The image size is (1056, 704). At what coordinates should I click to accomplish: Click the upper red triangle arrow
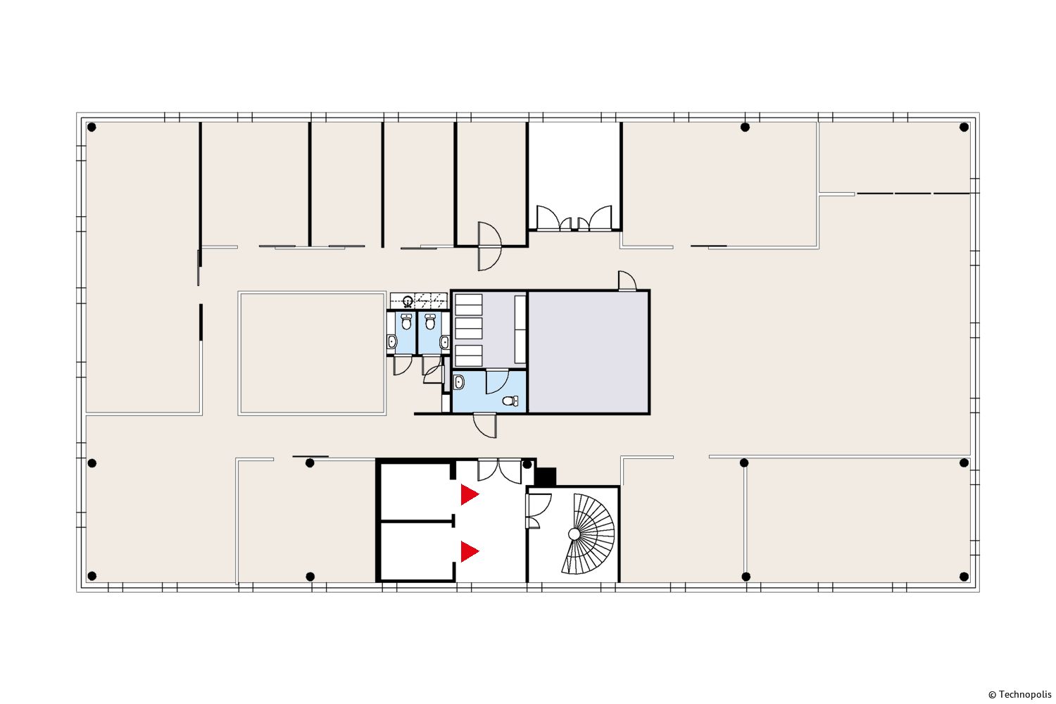pos(469,495)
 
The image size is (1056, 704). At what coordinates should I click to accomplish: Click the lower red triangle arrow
pos(469,551)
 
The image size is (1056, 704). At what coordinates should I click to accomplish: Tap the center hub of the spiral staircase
pos(574,534)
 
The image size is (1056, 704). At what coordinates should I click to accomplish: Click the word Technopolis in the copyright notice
pos(1025,695)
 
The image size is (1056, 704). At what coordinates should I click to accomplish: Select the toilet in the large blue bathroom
pos(510,401)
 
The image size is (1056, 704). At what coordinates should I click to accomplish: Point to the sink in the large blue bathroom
pos(458,382)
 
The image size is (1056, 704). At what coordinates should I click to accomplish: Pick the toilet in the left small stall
pos(406,322)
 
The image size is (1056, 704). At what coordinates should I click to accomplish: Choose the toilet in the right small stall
pos(430,322)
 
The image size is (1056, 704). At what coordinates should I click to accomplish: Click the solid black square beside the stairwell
pos(546,476)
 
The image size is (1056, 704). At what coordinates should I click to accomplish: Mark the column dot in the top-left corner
pos(92,127)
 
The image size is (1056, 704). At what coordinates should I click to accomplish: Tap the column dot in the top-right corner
pos(964,127)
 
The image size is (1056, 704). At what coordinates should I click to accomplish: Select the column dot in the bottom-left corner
pos(92,576)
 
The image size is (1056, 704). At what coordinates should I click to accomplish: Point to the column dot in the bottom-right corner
pos(964,576)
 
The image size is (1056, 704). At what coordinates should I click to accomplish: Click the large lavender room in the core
pos(589,352)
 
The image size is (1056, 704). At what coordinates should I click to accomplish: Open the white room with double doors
pos(574,175)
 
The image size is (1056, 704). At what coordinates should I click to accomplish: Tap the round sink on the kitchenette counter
pos(408,300)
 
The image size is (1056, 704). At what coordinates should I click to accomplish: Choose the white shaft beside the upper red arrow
pos(415,491)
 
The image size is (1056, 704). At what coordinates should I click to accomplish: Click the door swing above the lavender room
pos(627,281)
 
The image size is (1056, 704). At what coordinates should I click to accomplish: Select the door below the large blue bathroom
pos(485,425)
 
